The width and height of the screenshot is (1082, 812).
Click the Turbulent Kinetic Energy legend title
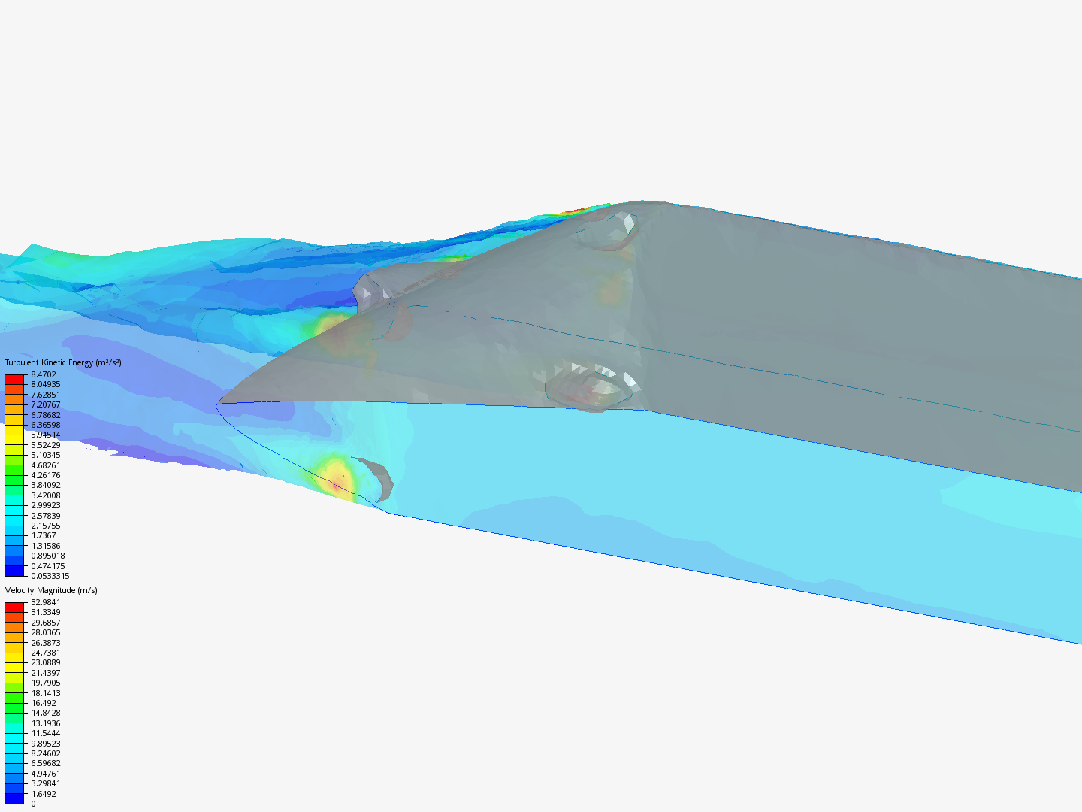pos(63,362)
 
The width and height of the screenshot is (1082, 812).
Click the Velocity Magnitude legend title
pos(51,590)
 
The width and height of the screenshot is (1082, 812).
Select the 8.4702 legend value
pos(44,374)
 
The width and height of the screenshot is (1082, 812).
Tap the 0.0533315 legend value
pos(50,576)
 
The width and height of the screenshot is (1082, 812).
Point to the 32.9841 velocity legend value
pos(46,602)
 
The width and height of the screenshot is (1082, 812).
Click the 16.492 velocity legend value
pos(44,703)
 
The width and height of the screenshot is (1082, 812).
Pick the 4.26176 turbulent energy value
pos(46,475)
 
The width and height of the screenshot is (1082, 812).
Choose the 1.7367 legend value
pos(44,535)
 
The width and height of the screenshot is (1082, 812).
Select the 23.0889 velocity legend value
pos(46,662)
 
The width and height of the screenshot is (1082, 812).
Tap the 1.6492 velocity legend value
pos(44,794)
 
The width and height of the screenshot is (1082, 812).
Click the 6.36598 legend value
pos(46,425)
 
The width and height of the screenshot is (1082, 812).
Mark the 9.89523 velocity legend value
pos(46,744)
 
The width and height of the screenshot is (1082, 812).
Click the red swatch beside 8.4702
pos(15,379)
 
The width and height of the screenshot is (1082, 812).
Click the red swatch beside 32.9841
pos(15,607)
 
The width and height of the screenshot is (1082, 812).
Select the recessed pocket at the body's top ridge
pos(609,229)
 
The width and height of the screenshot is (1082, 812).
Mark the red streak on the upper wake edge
pos(573,212)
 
